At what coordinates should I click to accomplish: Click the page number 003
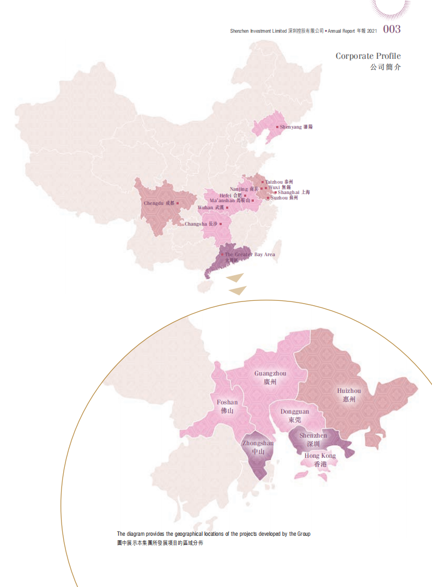click(x=392, y=29)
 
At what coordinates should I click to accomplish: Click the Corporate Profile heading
click(x=368, y=56)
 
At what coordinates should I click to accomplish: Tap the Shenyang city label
click(x=296, y=126)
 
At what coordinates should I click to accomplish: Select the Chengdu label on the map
click(x=159, y=203)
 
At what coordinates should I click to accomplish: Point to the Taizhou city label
click(x=279, y=181)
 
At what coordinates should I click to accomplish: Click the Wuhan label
click(x=210, y=208)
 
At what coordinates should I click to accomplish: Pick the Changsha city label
click(x=201, y=223)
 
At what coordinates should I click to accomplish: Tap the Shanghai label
click(x=294, y=192)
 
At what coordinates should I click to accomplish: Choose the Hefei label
click(x=229, y=195)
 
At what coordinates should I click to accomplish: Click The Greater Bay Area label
click(x=250, y=255)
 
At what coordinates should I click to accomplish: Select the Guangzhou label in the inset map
click(x=270, y=378)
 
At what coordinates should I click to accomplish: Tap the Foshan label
click(x=227, y=407)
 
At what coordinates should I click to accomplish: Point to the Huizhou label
click(x=349, y=395)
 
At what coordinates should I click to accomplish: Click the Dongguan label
click(x=295, y=416)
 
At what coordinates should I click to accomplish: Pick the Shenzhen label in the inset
click(x=313, y=440)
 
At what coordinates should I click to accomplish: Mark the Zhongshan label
click(x=258, y=447)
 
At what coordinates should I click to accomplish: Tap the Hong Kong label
click(x=320, y=459)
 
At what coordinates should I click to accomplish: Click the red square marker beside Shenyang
click(x=277, y=126)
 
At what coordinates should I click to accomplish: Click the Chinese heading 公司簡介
click(x=385, y=68)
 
